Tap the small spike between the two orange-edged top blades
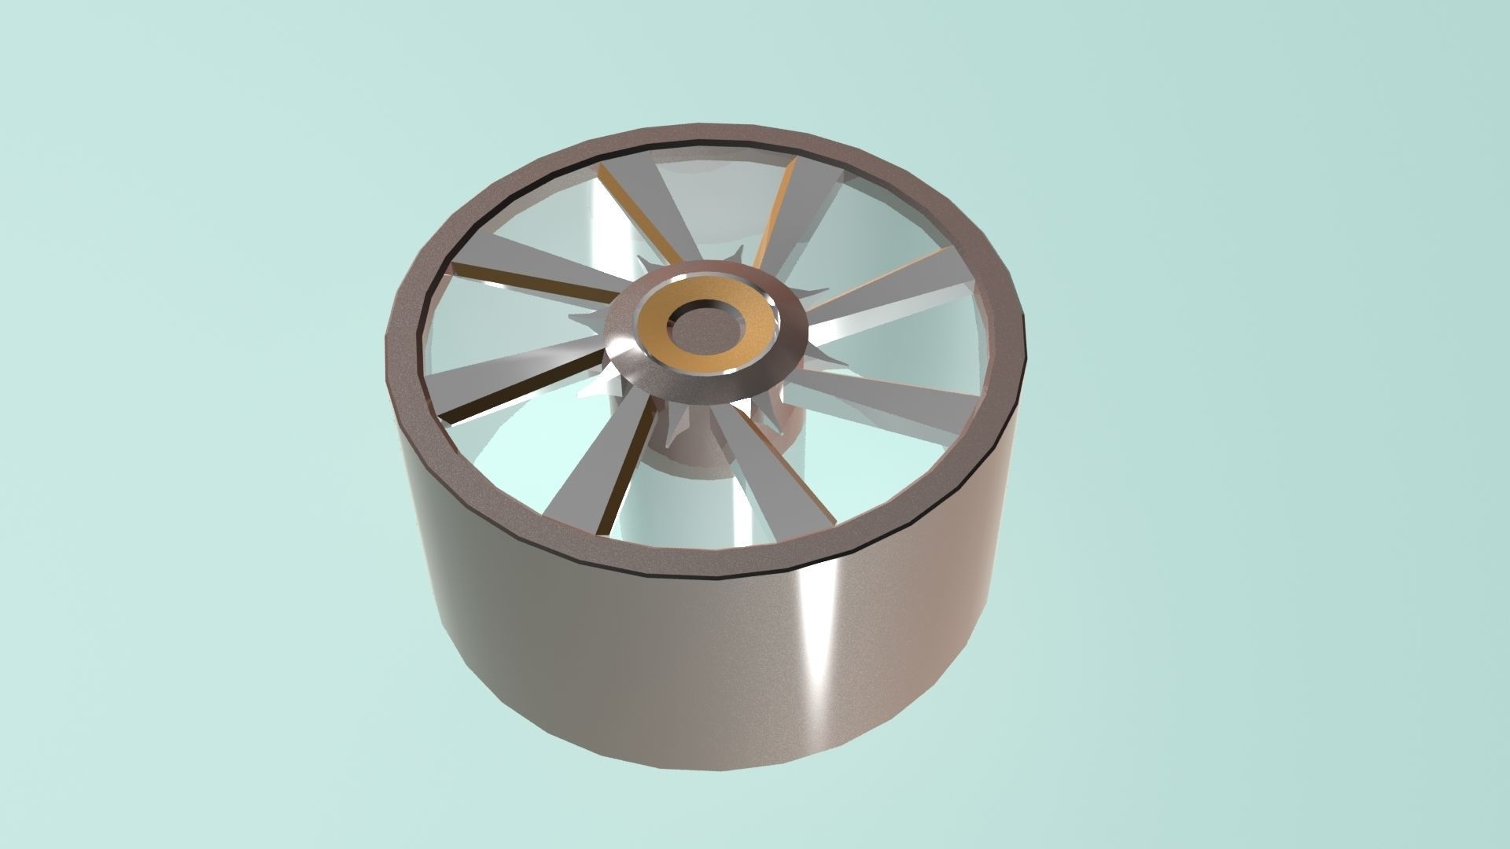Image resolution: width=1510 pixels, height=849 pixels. pyautogui.click(x=738, y=256)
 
